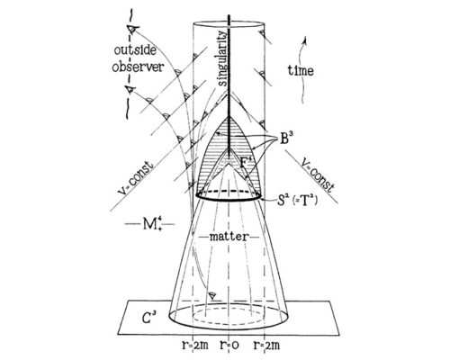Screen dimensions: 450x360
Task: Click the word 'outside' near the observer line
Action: coord(135,50)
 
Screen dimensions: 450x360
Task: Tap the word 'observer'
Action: coord(138,67)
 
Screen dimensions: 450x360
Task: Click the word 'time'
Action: coord(301,70)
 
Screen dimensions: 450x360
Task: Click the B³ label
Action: coord(286,139)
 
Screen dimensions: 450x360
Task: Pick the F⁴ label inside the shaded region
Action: coord(247,162)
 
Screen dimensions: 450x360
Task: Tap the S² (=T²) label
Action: coord(297,200)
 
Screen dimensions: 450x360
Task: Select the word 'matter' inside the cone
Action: coord(229,237)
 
